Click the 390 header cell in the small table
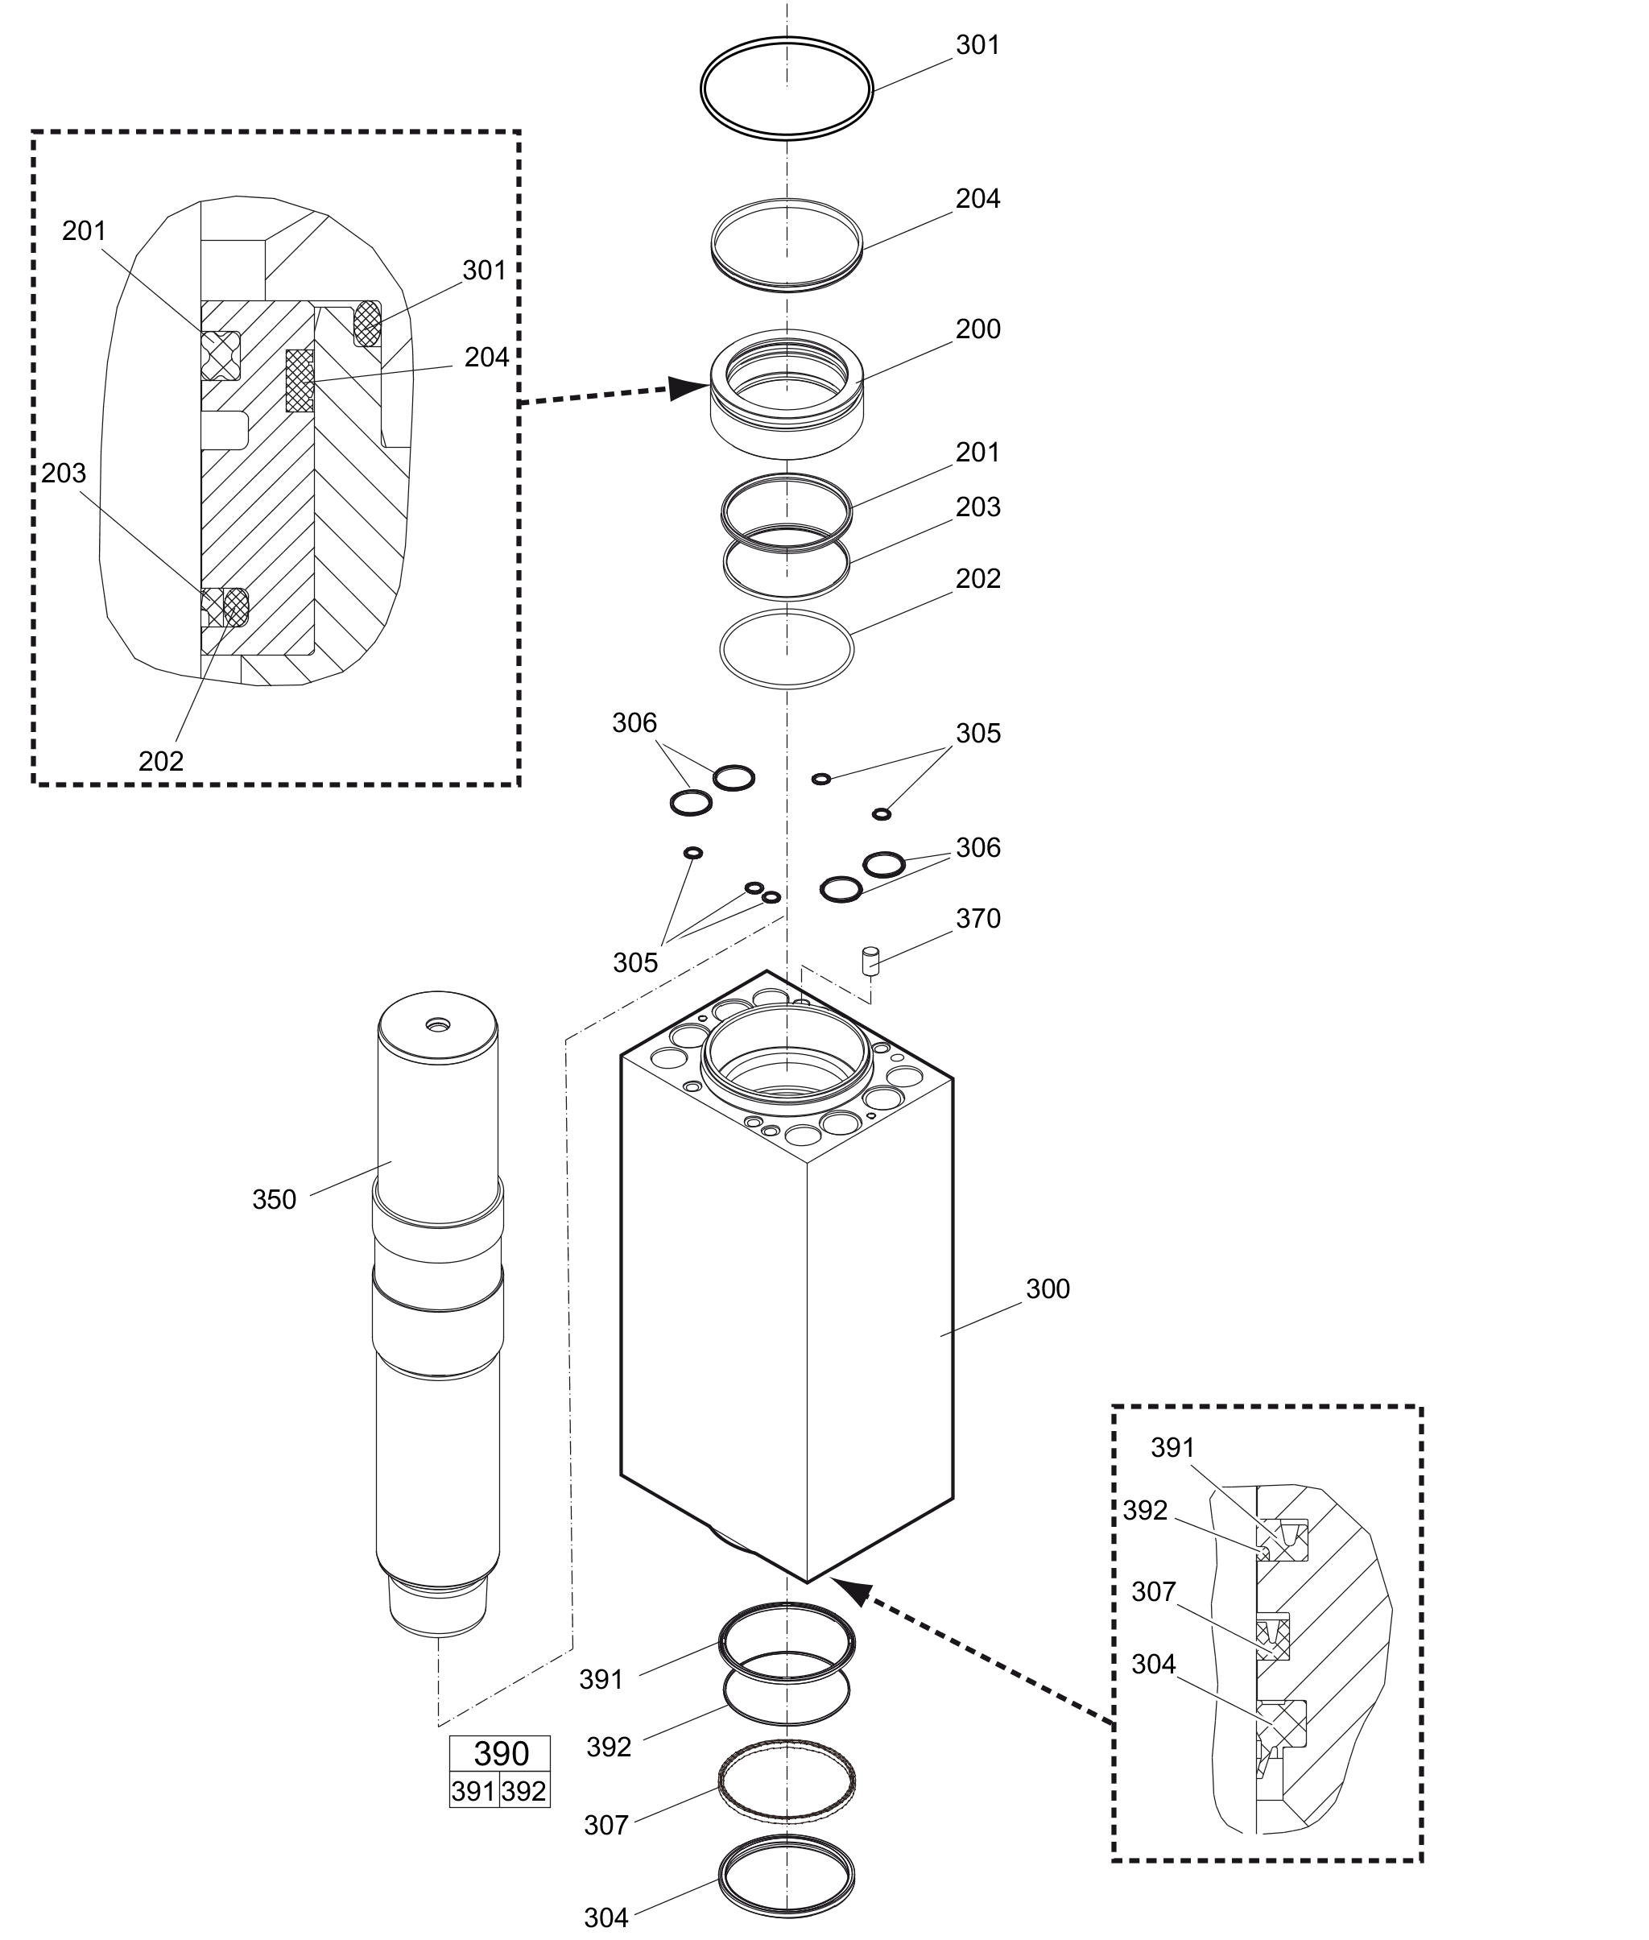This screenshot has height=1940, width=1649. point(500,1753)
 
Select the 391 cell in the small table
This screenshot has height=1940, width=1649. point(474,1789)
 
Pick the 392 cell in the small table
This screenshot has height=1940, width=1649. point(524,1789)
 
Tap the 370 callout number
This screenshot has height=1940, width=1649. point(977,919)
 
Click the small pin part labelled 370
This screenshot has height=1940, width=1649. point(870,961)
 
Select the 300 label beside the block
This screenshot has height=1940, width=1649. point(1048,1289)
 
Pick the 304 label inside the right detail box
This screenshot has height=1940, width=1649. point(1154,1665)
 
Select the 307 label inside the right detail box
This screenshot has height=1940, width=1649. point(1154,1591)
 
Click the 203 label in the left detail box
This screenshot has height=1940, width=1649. point(64,473)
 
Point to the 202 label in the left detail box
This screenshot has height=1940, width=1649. point(161,761)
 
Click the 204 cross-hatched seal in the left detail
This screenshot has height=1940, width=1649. point(300,381)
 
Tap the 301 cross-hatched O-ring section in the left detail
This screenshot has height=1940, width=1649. point(367,323)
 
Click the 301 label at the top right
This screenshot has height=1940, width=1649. point(977,45)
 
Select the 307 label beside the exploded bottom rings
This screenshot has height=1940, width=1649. point(606,1825)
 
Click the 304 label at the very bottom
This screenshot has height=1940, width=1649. point(606,1918)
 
